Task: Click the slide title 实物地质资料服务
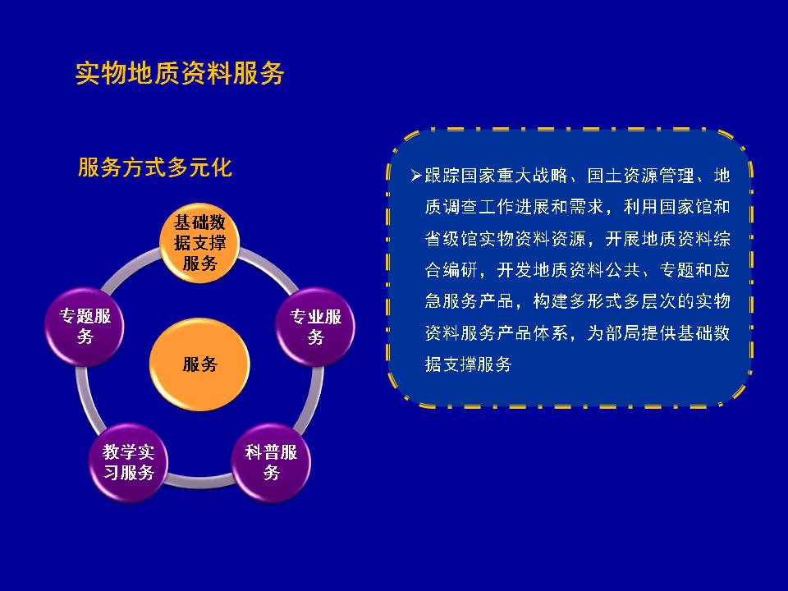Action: tap(180, 73)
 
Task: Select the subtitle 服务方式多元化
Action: tap(155, 167)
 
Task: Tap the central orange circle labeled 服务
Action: tap(199, 364)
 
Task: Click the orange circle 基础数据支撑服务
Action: tap(199, 243)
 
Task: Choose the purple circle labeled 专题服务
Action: tap(85, 327)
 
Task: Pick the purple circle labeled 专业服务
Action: tap(315, 327)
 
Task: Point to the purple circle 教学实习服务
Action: tap(129, 462)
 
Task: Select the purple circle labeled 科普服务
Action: tap(271, 462)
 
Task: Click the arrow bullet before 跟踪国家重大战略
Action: tap(415, 176)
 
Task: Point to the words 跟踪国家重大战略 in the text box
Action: tap(496, 176)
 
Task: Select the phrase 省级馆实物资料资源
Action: tap(505, 238)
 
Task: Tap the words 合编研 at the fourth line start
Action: tap(451, 270)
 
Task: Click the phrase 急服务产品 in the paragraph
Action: tap(469, 301)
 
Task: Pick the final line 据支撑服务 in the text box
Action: tap(468, 364)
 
